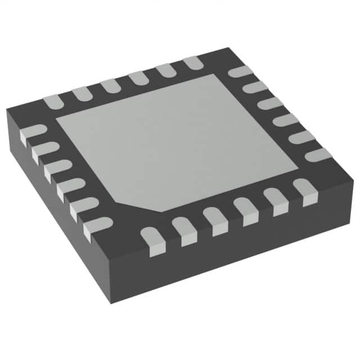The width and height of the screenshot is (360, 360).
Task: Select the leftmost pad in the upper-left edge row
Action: tap(52, 101)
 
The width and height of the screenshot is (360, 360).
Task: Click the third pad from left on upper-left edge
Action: tap(109, 85)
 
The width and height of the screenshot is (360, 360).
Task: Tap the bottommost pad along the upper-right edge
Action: tap(318, 154)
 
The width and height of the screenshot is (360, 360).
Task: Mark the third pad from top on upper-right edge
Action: tap(271, 103)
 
